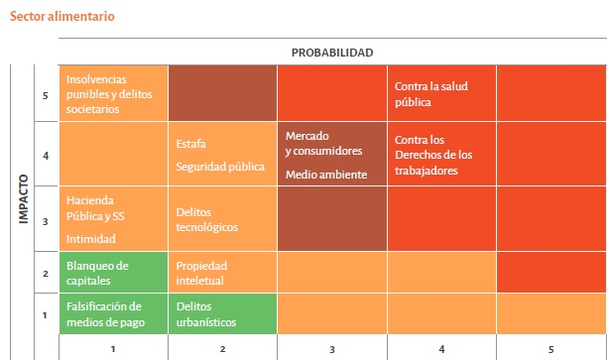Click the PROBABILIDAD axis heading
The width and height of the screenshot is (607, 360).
coord(331,53)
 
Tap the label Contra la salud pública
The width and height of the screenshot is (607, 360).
coord(430,93)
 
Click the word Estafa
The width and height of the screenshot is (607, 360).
coord(191,144)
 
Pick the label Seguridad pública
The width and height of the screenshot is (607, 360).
coord(220,167)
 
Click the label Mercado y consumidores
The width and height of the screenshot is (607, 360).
coord(323,143)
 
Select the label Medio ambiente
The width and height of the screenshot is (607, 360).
coord(325,175)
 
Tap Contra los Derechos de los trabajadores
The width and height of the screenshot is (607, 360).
coord(433,155)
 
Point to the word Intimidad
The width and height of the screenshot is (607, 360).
coord(91,238)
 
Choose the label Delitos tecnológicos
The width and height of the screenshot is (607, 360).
coord(206,219)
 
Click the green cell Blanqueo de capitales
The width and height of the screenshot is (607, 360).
coord(97,272)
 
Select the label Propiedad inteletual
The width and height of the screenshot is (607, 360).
coord(201,273)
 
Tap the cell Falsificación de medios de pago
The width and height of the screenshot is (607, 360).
coord(104,313)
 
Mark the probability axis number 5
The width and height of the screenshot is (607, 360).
coord(550,348)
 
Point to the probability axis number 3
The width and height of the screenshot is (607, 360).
coord(331,348)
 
